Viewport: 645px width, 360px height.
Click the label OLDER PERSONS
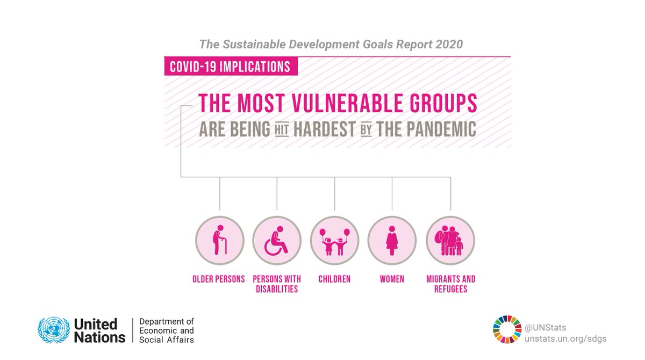[219, 279]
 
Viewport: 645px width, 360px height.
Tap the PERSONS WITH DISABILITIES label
[276, 284]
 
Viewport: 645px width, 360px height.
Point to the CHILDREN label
[334, 279]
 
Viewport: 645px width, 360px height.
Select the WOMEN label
[391, 279]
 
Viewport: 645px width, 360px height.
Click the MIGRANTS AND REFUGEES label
[450, 284]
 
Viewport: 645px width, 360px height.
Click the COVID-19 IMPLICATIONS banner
[230, 67]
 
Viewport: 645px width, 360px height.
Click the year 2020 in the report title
[444, 45]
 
